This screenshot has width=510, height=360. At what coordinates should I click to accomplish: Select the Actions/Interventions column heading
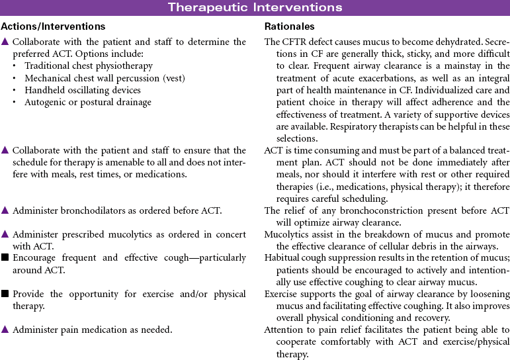(x=53, y=26)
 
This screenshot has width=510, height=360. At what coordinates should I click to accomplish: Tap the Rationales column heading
(x=290, y=26)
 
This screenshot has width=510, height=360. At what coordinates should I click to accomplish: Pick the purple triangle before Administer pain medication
(x=5, y=330)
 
